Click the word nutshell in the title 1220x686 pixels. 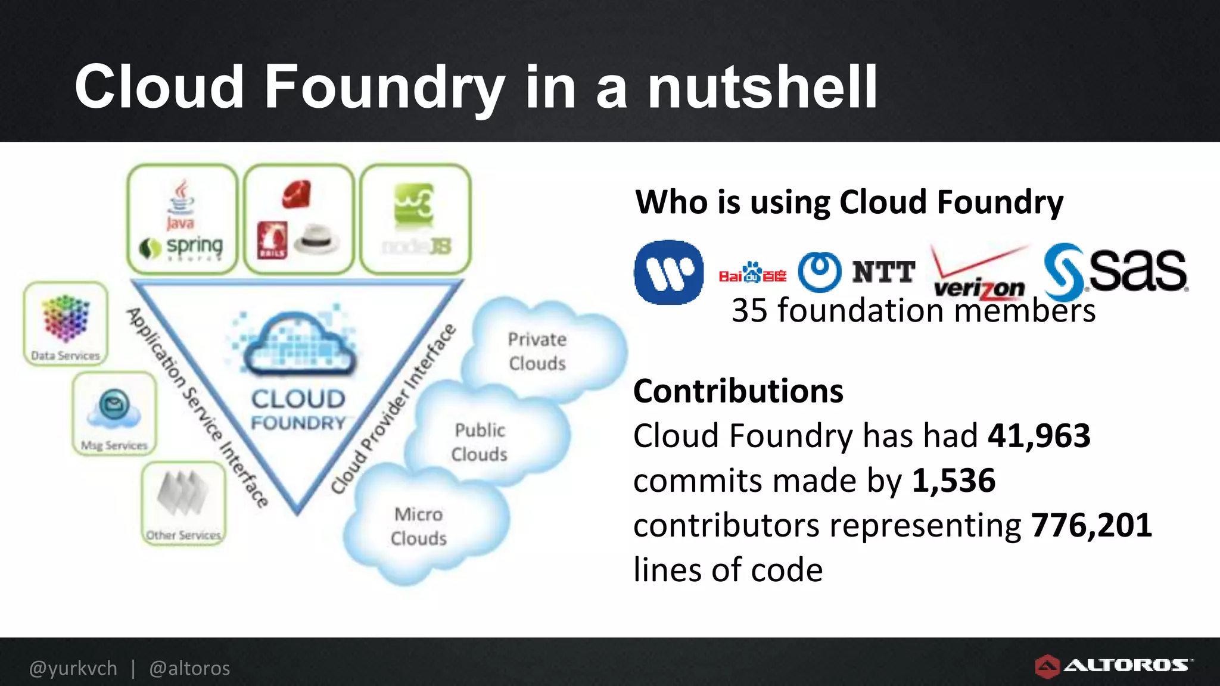[762, 88]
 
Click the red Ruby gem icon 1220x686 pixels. [296, 194]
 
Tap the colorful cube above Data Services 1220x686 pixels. [66, 318]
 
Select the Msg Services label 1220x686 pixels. [114, 445]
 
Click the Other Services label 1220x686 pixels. [183, 535]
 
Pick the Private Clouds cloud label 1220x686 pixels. [537, 351]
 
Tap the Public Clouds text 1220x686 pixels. [480, 442]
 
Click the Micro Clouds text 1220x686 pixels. [419, 526]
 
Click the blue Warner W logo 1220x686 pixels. [668, 272]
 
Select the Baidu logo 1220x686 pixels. [752, 274]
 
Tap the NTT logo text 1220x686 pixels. [883, 272]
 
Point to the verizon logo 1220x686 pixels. [979, 280]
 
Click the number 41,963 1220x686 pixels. [1039, 436]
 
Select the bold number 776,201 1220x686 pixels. [1091, 525]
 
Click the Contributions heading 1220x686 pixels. [738, 391]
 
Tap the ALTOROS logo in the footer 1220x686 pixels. [1114, 666]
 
